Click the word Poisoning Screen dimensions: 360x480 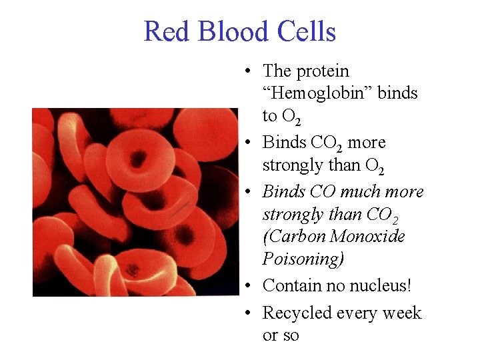point(303,259)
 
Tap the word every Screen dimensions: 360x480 point(357,313)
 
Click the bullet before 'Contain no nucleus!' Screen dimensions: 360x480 point(247,287)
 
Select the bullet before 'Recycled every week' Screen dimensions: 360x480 point(247,313)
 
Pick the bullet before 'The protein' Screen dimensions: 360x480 point(247,71)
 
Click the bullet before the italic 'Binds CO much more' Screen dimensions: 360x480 point(247,192)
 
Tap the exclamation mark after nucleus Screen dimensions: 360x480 point(409,286)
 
